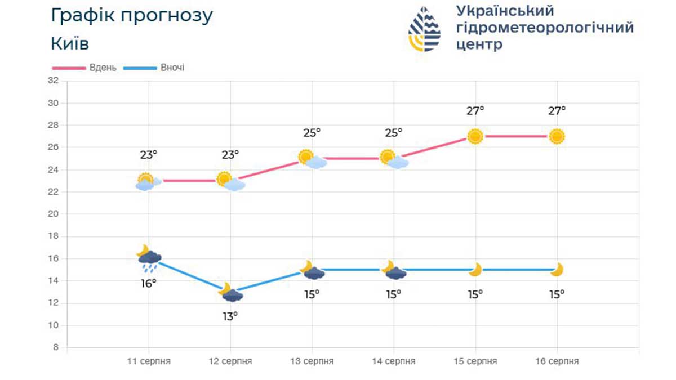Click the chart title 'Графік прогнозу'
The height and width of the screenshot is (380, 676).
pos(132,16)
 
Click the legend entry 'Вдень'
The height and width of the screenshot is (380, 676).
pos(103,68)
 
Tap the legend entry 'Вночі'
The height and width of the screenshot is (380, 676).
pos(172,68)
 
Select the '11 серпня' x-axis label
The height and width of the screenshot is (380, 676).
pos(149,361)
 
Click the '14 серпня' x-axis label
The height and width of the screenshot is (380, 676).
pos(394,361)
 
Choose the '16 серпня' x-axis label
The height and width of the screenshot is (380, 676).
pos(557,361)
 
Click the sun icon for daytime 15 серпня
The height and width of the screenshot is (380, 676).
pos(475,136)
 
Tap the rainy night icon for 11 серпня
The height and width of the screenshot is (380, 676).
pos(149,258)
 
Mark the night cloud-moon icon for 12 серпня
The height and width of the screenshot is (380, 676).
pos(230,293)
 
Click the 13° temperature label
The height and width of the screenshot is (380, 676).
pos(230,316)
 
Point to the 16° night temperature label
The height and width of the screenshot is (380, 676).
pos(149,283)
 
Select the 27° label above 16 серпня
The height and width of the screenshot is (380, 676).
pos(557,110)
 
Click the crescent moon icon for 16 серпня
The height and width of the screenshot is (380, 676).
pos(557,270)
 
